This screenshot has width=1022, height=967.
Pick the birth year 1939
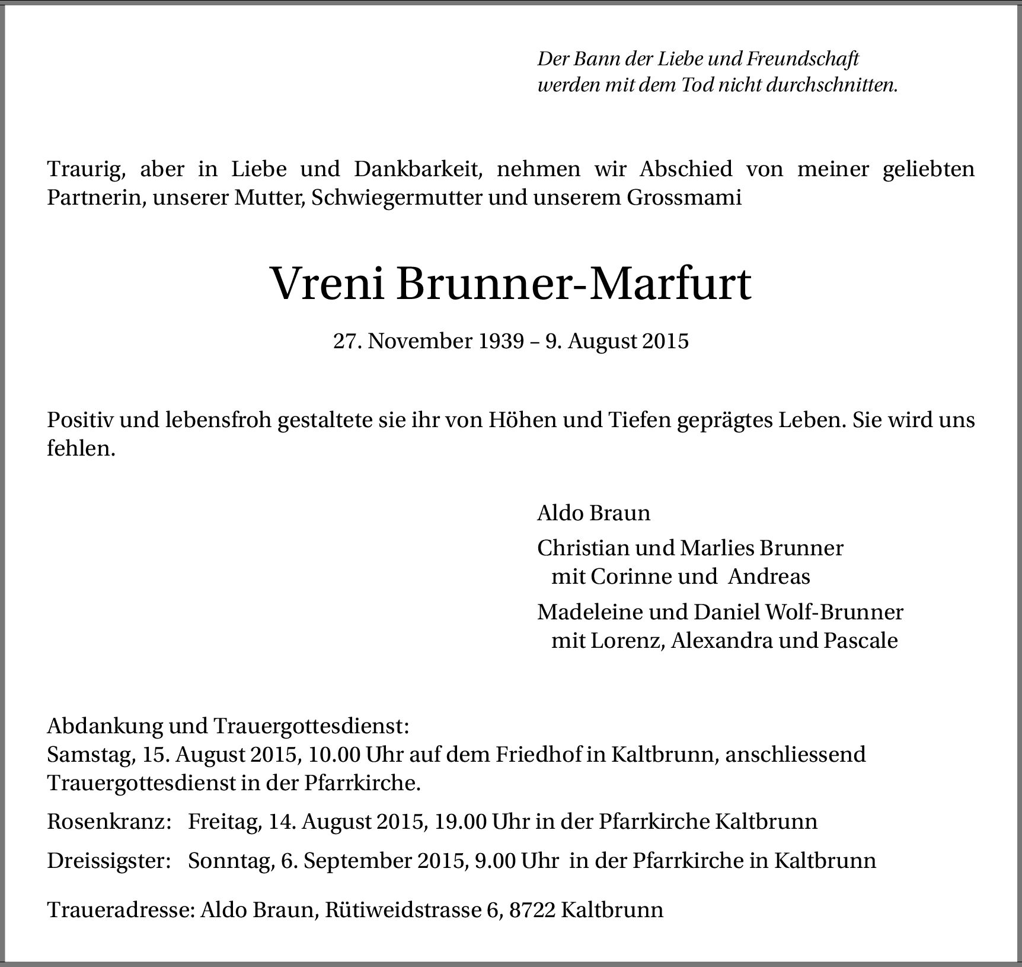pos(502,341)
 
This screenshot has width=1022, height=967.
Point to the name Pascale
pos(861,641)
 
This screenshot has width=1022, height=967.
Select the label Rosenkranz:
pos(109,822)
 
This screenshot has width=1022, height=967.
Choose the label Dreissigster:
pos(109,861)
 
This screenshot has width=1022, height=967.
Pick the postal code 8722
pos(532,910)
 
